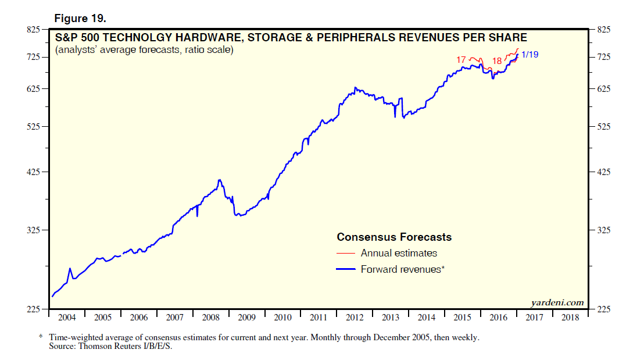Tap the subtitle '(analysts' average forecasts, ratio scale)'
(144, 51)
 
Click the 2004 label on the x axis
(67, 318)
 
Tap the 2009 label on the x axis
(246, 318)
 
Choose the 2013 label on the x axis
(391, 318)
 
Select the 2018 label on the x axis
(570, 318)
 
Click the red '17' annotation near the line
(461, 59)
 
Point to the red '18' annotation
(497, 61)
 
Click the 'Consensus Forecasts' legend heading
(394, 237)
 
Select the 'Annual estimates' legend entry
(399, 253)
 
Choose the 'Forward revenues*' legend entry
(403, 269)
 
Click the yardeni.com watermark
(557, 302)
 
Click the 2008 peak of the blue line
(219, 180)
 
